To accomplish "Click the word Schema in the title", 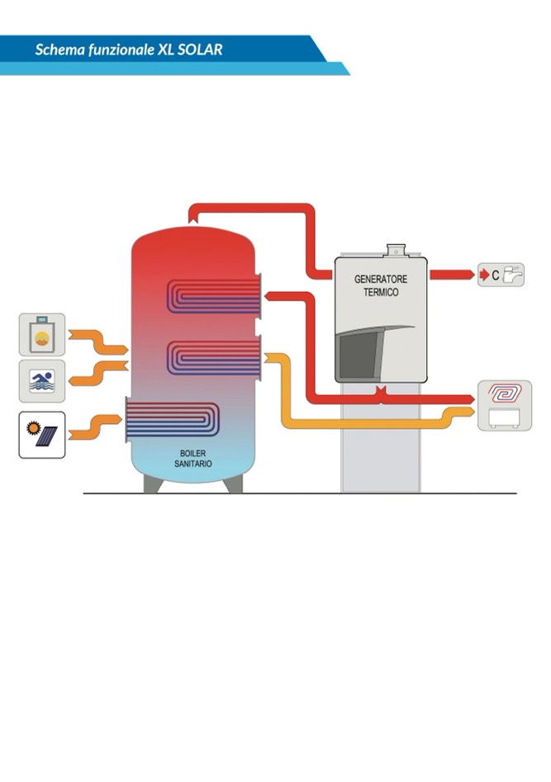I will (57, 49).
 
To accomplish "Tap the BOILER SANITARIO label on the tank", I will (192, 459).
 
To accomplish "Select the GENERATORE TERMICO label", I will (381, 285).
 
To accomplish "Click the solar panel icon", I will (42, 435).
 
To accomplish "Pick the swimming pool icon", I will (42, 380).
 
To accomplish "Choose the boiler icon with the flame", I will (42, 334).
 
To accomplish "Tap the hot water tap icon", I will (501, 275).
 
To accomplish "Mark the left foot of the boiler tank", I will (153, 484).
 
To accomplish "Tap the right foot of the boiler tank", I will (234, 484).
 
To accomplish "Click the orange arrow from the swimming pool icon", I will (97, 372).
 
